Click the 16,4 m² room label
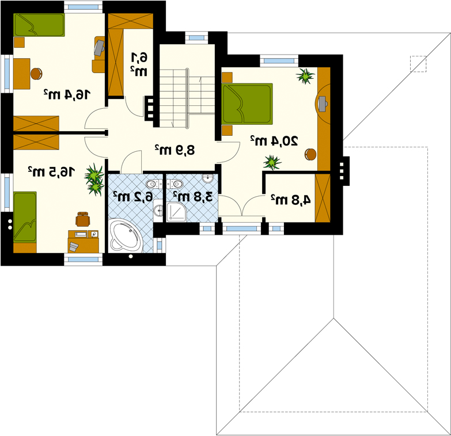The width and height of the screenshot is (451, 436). [67, 94]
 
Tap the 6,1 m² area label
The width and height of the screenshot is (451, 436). [139, 64]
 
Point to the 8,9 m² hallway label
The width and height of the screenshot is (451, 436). [175, 150]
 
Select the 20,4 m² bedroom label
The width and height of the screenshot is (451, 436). [274, 140]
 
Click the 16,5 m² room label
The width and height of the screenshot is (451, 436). [51, 171]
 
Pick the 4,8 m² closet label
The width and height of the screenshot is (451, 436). [291, 200]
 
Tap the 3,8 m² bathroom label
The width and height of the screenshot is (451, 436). [193, 197]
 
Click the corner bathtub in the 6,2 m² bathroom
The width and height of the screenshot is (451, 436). [126, 235]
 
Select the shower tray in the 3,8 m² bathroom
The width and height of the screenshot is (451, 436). [177, 212]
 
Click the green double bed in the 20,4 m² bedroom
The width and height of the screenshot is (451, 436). [247, 104]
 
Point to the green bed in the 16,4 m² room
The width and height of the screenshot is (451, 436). [39, 25]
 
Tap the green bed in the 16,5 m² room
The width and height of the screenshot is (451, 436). [25, 217]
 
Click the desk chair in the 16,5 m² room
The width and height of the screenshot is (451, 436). [83, 219]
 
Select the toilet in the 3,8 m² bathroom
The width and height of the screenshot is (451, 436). [175, 183]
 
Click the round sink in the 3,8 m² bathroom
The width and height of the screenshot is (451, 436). [207, 178]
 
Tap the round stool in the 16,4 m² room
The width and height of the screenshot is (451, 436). [36, 74]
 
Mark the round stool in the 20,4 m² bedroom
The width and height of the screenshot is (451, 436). [310, 154]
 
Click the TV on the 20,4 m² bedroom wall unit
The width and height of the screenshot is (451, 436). [322, 104]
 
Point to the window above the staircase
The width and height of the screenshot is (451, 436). [196, 37]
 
